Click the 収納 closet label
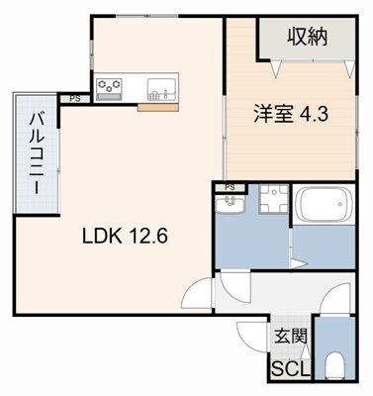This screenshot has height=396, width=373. [307, 38]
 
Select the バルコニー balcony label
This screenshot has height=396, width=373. [35, 156]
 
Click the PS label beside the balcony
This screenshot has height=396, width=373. [75, 98]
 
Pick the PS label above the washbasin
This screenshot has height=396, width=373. [230, 187]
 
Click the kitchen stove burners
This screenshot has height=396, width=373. [109, 86]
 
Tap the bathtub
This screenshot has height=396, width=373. [322, 206]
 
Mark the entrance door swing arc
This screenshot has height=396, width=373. [251, 337]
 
